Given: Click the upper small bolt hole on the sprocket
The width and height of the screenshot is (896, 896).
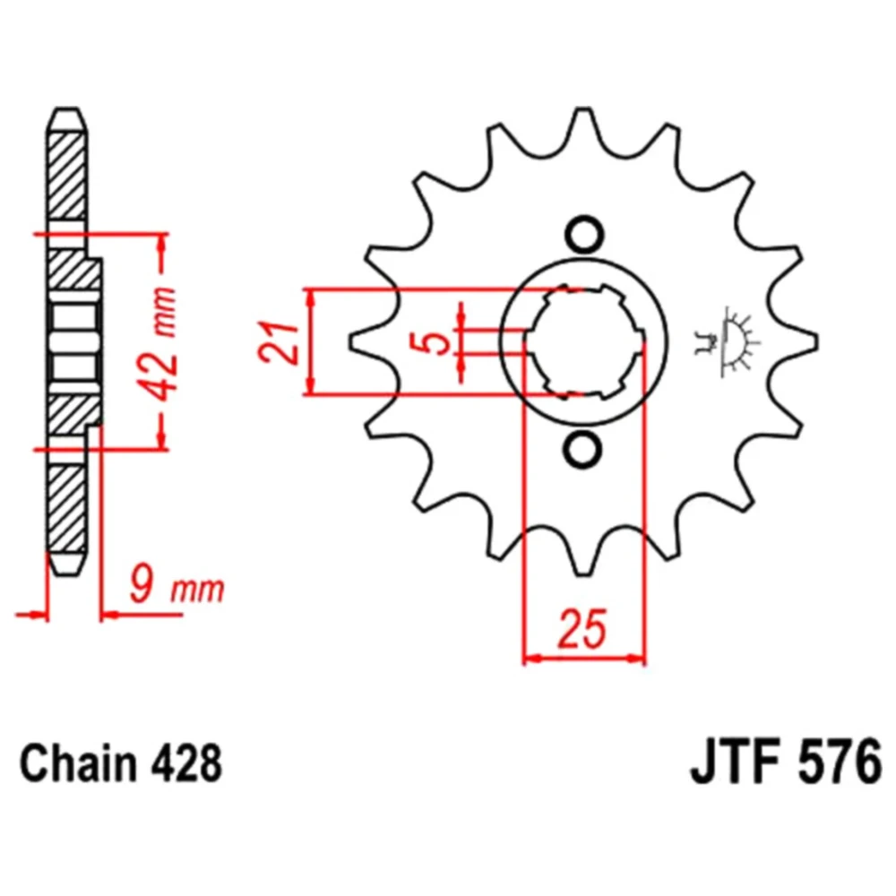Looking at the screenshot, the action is coord(583,234).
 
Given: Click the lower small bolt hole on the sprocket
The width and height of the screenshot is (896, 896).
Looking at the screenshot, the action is coord(583,448).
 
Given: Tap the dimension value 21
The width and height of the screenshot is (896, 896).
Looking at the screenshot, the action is coord(279,343).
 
